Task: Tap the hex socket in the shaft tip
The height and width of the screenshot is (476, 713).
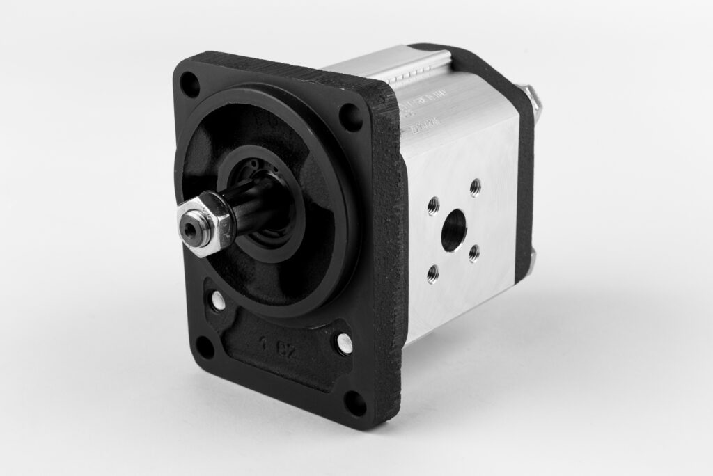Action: [x=190, y=228]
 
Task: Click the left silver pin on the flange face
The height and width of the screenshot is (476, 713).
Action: [x=219, y=301]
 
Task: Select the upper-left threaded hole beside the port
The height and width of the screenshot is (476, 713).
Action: [x=433, y=205]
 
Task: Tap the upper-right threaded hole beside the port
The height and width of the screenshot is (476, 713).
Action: [x=475, y=187]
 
